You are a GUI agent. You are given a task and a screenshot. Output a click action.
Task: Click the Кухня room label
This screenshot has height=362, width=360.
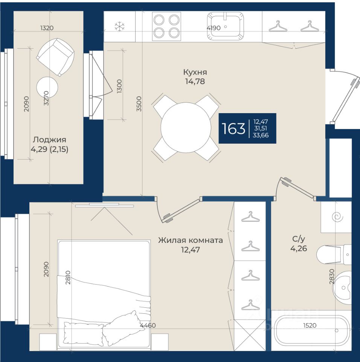pyautogui.click(x=195, y=72)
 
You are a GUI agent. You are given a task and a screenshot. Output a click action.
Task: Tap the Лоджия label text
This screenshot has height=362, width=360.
pyautogui.click(x=49, y=140)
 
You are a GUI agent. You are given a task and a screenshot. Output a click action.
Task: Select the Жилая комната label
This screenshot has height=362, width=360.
pyautogui.click(x=191, y=240)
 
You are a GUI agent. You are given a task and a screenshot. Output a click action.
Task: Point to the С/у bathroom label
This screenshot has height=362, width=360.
pyautogui.click(x=299, y=239)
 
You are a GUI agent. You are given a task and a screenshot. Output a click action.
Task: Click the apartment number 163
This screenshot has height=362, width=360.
pyautogui.click(x=233, y=128)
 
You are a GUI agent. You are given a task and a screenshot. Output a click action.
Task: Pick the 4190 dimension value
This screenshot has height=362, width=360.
pyautogui.click(x=214, y=28)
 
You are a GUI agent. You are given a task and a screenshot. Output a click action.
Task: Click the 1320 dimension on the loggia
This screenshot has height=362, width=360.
pyautogui.click(x=47, y=28)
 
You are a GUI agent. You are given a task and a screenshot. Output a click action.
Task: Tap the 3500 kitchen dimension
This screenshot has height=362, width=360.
pyautogui.click(x=139, y=104)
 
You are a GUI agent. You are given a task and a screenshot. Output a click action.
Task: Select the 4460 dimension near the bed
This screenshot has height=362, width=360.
pyautogui.click(x=148, y=325)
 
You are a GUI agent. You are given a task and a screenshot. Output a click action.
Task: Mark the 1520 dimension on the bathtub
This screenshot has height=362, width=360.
pyautogui.click(x=310, y=325)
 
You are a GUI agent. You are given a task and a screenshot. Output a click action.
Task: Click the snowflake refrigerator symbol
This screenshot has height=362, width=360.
pyautogui.click(x=120, y=26)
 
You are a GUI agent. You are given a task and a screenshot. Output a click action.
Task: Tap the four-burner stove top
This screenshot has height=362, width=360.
pyautogui.click(x=166, y=26)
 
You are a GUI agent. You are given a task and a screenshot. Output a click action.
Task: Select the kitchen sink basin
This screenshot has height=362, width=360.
pyautogui.click(x=225, y=26)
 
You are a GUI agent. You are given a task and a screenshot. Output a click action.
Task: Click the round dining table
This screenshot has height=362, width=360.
pyautogui.click(x=186, y=127)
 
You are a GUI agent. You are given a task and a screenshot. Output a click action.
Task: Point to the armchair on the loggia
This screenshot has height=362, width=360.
pyautogui.click(x=55, y=57)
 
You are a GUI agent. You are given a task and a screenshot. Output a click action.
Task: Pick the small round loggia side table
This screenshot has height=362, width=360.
pyautogui.click(x=47, y=87)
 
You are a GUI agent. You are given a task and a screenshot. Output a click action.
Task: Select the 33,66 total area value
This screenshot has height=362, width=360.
pyautogui.click(x=261, y=135)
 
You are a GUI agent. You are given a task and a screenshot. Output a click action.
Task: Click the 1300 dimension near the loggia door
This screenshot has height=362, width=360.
pyautogui.click(x=119, y=86)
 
